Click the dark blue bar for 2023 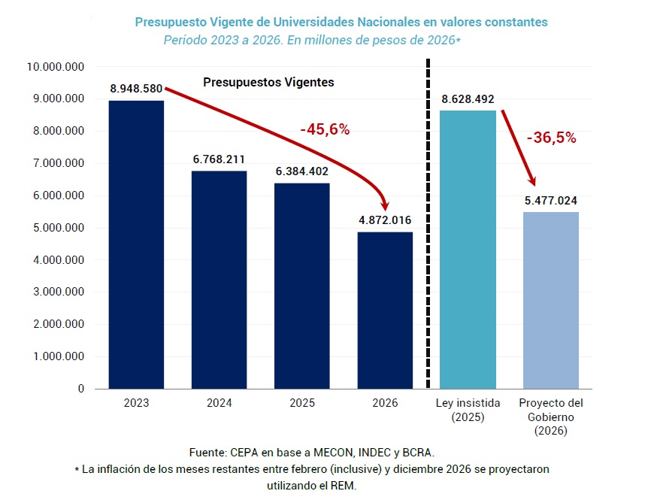[136, 244]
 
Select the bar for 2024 [219, 280]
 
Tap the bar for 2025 [301, 286]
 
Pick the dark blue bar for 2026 [385, 310]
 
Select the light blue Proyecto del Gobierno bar [551, 300]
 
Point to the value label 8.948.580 [136, 89]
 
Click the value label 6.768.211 [219, 159]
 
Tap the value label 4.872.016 [385, 220]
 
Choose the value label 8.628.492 [468, 99]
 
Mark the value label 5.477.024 [551, 201]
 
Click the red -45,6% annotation [325, 129]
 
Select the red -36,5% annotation [551, 138]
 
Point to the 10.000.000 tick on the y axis [55, 67]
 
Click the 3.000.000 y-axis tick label [58, 292]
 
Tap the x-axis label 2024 [219, 403]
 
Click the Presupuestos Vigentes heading [268, 82]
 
